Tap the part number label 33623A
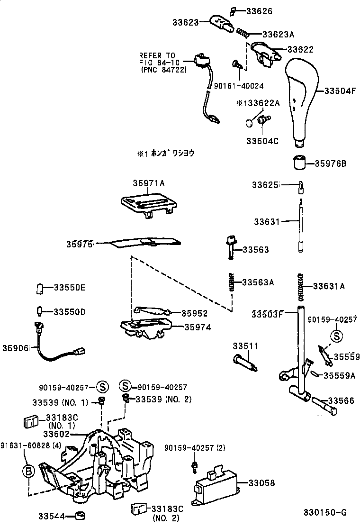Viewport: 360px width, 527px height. (x=278, y=34)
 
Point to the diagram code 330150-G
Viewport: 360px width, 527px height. (x=325, y=512)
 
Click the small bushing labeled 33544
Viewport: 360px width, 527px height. (x=81, y=515)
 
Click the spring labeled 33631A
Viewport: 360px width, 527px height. (x=300, y=287)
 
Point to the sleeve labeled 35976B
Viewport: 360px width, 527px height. (x=298, y=163)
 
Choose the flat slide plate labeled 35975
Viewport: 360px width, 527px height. (x=145, y=243)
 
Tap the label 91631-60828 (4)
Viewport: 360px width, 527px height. (x=30, y=445)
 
